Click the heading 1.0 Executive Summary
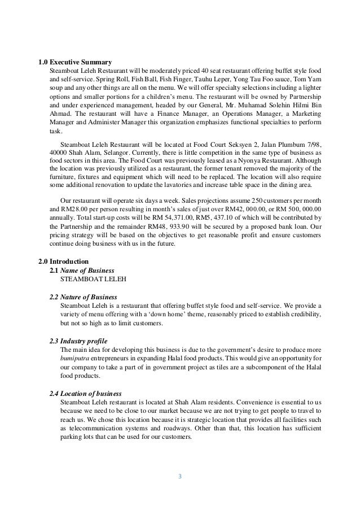click(x=74, y=62)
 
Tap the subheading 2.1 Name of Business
click(x=82, y=271)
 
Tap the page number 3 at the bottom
click(x=179, y=476)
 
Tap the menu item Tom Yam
click(x=309, y=79)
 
